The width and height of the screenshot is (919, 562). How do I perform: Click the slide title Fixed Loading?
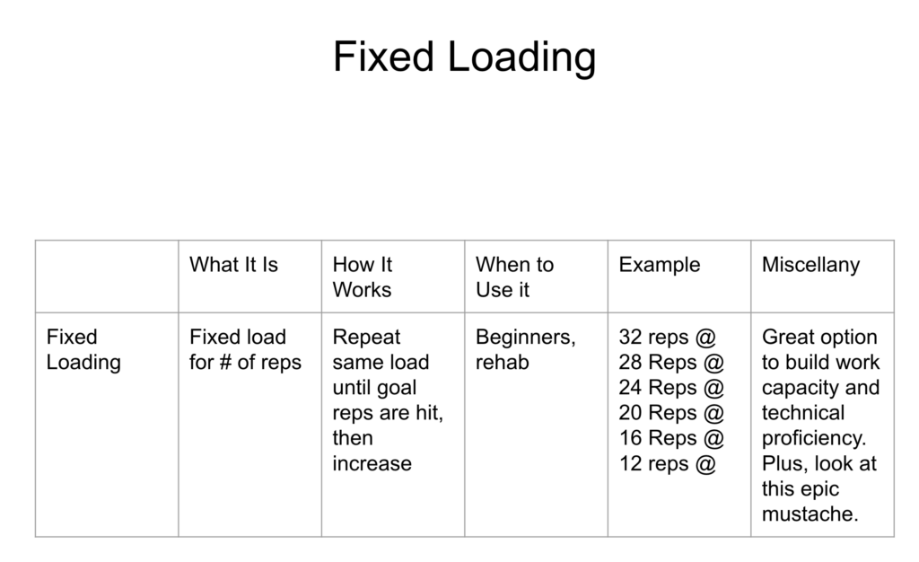[464, 57]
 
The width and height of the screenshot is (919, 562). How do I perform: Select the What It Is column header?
[233, 265]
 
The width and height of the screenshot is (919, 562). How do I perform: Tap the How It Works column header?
[363, 277]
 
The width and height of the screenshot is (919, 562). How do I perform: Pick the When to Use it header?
[514, 277]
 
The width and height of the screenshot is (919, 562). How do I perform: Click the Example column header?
[660, 265]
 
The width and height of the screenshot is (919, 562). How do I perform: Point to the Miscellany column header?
[810, 266]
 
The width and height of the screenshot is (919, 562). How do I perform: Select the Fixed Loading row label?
[83, 350]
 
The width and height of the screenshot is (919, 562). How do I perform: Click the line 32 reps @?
[668, 338]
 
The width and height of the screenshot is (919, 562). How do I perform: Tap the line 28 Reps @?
[671, 363]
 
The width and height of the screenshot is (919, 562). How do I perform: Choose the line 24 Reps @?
[671, 388]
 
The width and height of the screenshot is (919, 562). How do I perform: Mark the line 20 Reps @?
[671, 413]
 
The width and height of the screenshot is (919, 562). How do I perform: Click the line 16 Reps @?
[671, 438]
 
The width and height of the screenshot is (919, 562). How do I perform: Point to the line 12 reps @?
[668, 463]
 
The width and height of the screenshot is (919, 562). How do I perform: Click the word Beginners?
[523, 338]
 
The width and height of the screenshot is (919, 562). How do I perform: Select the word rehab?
[503, 363]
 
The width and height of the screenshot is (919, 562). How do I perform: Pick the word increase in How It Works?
[372, 463]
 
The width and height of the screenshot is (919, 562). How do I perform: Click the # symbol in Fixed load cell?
[225, 363]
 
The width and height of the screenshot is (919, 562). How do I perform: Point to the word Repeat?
[366, 338]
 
